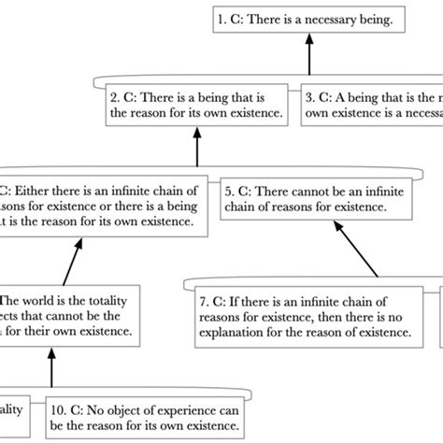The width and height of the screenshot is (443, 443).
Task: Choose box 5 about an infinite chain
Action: (x=318, y=197)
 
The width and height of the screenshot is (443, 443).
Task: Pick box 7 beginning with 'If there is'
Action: (x=306, y=318)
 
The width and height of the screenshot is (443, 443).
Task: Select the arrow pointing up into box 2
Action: (x=197, y=145)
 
